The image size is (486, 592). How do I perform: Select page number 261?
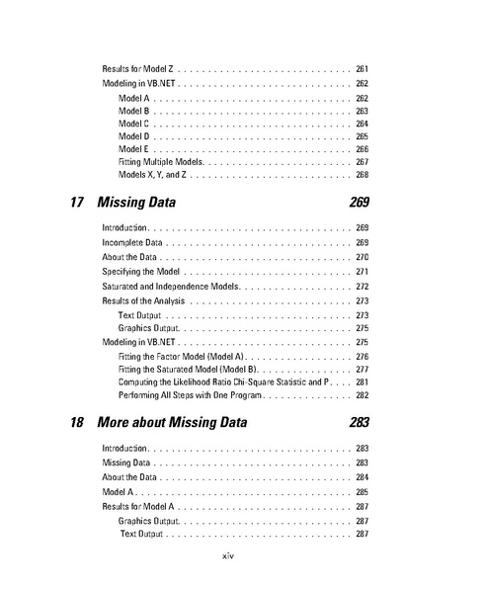coord(362,68)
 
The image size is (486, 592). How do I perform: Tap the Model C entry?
coord(134,125)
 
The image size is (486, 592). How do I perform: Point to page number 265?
coord(362,136)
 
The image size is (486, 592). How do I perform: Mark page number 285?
coord(362,491)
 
